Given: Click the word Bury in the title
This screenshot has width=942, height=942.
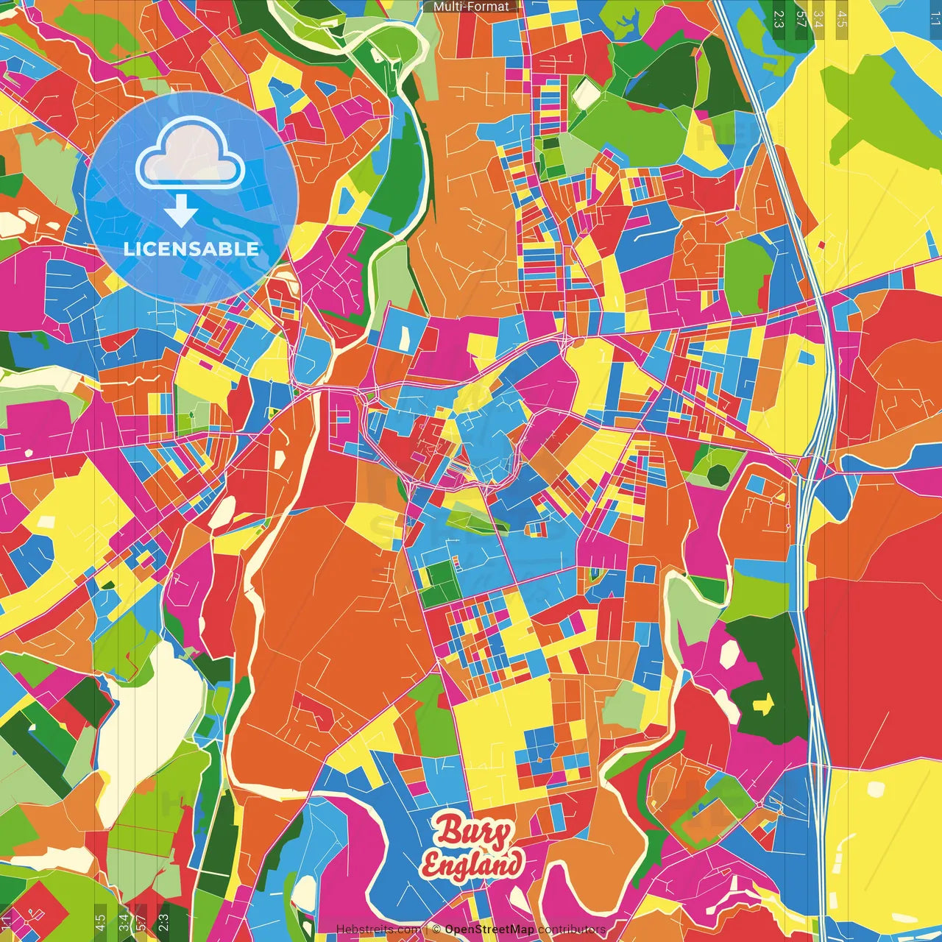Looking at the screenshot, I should tap(473, 833).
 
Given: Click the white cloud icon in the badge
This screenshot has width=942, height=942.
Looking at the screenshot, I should tap(190, 155).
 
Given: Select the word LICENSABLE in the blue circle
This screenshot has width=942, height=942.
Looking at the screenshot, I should tap(191, 249).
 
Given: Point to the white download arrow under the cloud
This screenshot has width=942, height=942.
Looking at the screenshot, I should tap(181, 211).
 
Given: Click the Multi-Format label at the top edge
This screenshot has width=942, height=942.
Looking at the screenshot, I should tap(471, 7).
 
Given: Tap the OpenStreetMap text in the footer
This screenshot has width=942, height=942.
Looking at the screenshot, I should tap(489, 929).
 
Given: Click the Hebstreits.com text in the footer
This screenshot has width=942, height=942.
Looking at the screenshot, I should tap(378, 929).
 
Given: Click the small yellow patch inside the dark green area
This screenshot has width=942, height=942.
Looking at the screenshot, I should tap(763, 705).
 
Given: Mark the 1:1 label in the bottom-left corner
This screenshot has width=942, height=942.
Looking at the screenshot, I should tap(7, 921).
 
